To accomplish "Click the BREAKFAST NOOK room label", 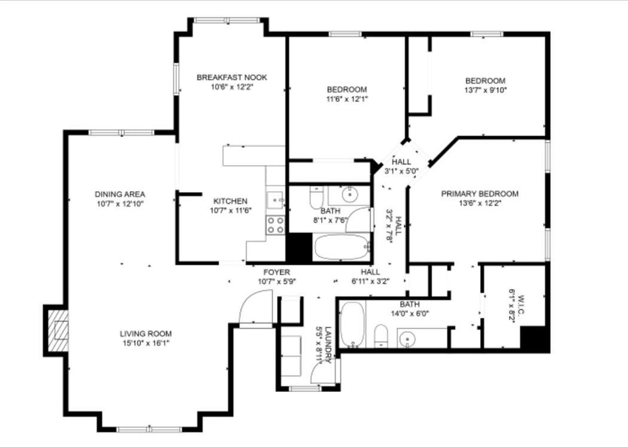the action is (x=231, y=77).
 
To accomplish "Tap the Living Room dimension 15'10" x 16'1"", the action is (x=146, y=343).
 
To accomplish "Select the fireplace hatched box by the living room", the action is (x=58, y=330).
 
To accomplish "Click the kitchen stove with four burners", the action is (x=276, y=225).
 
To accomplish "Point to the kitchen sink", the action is (x=275, y=199).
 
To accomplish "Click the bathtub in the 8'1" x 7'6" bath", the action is (x=342, y=247).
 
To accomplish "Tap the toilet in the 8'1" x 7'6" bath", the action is (x=316, y=197).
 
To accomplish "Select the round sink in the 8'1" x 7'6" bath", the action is (x=350, y=194).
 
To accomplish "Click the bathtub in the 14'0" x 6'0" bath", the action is (x=352, y=325).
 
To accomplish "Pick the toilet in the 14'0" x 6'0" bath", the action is (x=381, y=336).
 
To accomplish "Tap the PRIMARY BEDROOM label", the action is (x=480, y=194).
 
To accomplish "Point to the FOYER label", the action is (x=276, y=272).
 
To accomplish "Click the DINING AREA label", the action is (x=120, y=194).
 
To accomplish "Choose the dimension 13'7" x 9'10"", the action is (x=486, y=90).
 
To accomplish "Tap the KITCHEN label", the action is (x=230, y=201).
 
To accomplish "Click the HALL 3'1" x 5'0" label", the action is (x=401, y=166).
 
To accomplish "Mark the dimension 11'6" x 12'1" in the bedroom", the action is (x=347, y=99).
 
